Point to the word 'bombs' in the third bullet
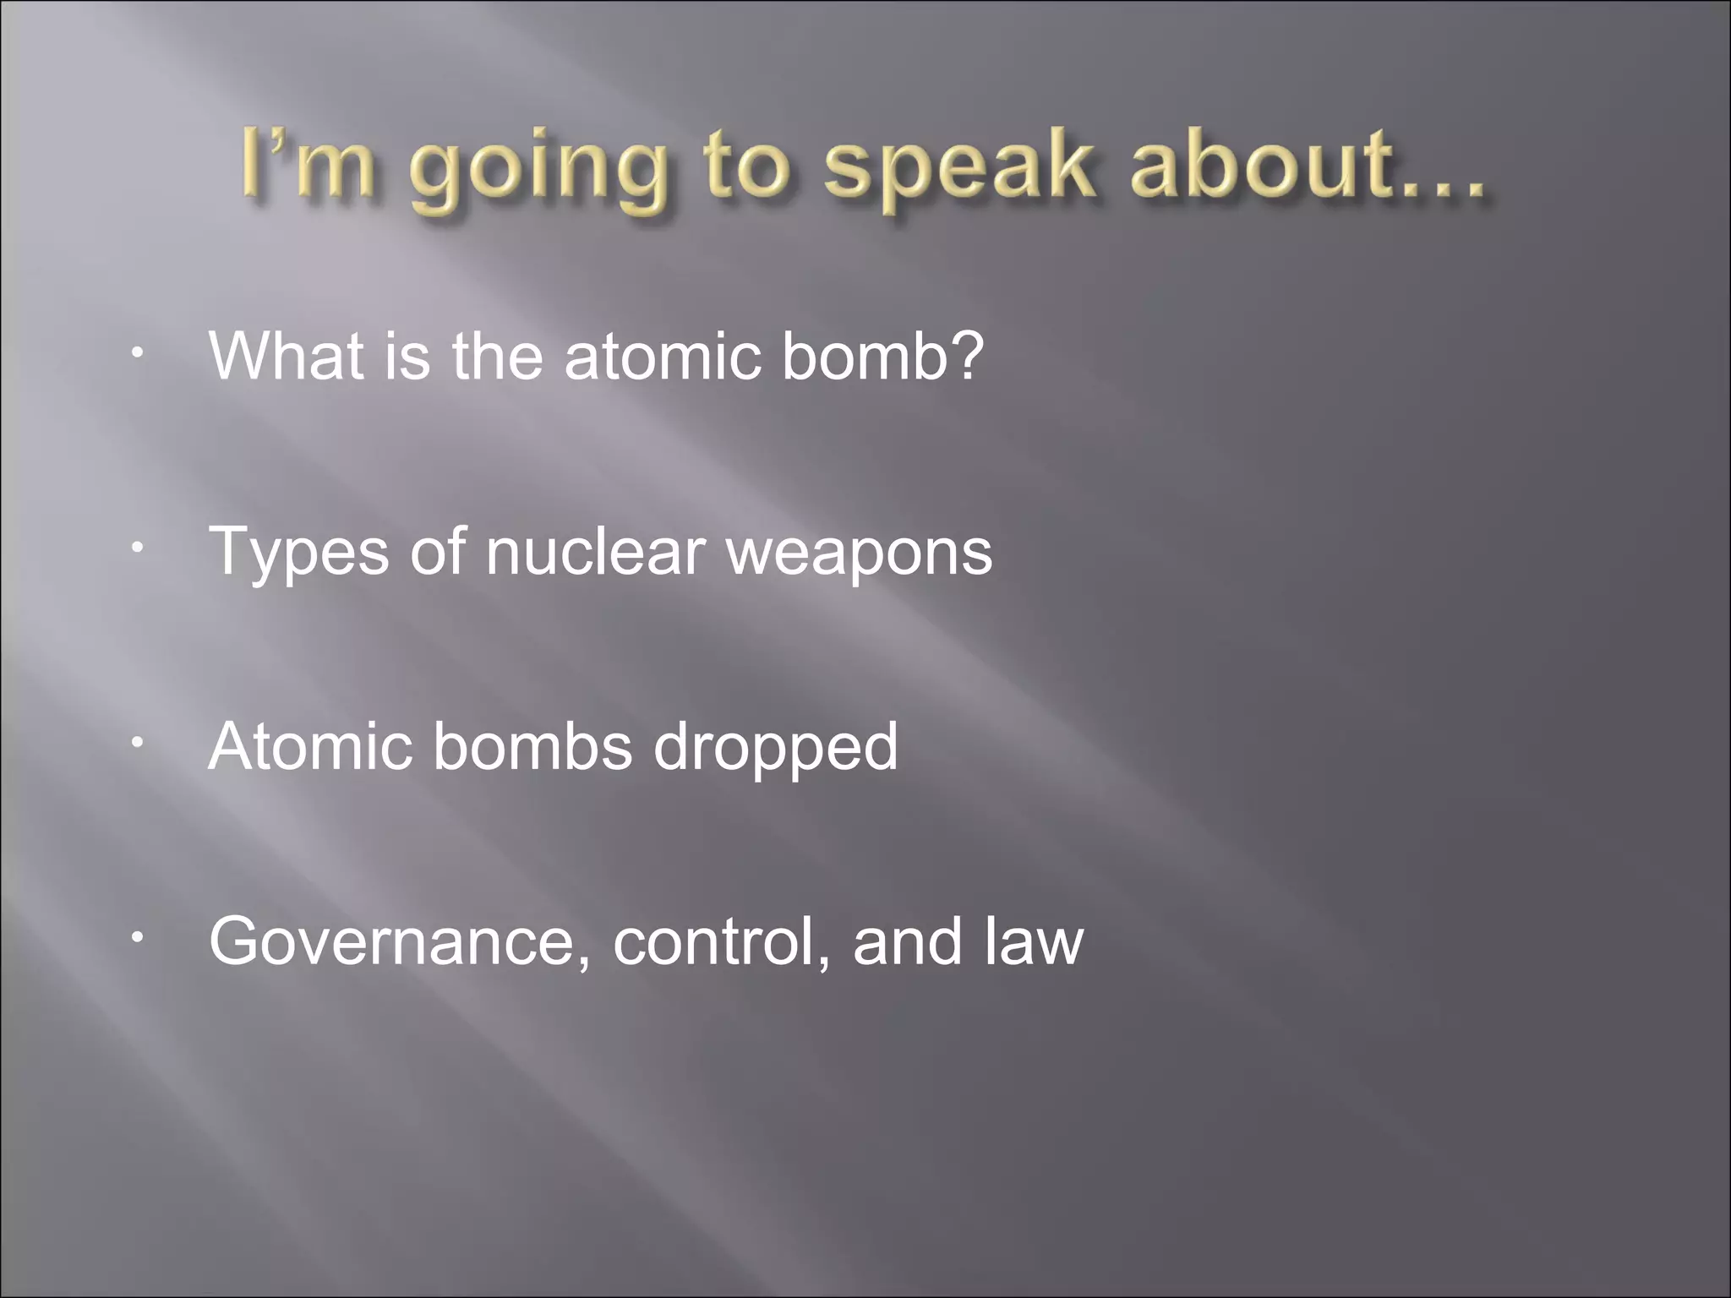click(532, 746)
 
